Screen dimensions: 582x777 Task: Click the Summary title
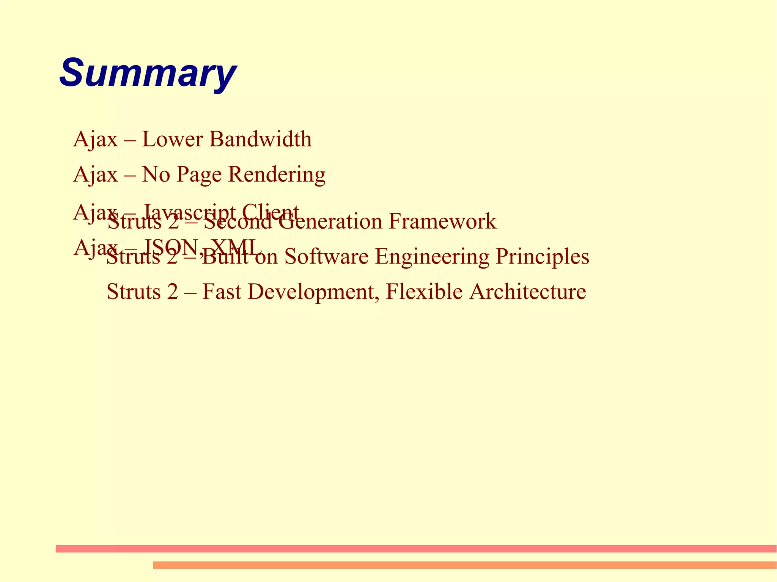(148, 73)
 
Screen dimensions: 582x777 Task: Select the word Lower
(173, 139)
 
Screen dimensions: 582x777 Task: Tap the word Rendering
(277, 175)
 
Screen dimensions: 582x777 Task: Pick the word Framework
(442, 221)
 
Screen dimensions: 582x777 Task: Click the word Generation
(330, 221)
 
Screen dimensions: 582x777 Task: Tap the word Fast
(222, 292)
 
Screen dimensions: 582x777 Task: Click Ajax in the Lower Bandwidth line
(96, 139)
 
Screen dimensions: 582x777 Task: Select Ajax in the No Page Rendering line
(96, 175)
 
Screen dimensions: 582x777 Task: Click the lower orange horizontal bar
(465, 565)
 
